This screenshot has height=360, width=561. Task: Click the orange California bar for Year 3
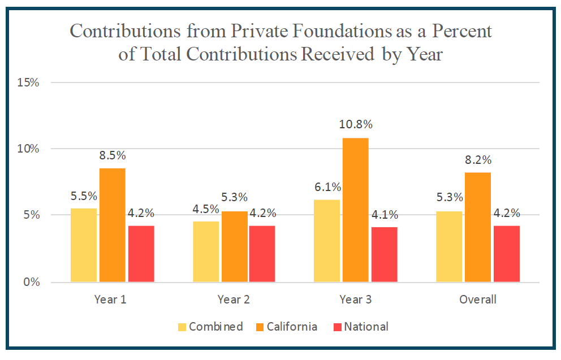coord(355,210)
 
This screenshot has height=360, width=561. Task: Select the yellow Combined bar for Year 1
coord(83,245)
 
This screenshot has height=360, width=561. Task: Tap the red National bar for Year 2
coord(263,254)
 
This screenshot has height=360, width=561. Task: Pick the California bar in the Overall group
coord(477,227)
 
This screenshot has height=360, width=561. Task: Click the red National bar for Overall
coord(506,254)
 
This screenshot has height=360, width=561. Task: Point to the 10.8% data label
coord(356,124)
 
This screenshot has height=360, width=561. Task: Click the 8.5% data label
coord(112,155)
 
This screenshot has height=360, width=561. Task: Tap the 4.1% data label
coord(385,214)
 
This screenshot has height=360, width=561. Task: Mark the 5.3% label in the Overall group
coord(450,198)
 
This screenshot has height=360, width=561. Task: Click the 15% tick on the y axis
coord(29,83)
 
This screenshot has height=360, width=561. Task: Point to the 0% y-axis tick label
coord(32,282)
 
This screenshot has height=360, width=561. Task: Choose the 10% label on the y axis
coord(29,149)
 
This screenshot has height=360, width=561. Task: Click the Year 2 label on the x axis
coord(234,300)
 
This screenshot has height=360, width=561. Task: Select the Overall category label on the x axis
coord(477,300)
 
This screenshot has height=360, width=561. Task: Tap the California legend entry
coord(292,327)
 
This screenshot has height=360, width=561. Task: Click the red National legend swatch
coord(338,327)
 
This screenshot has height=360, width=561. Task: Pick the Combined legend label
coord(215,327)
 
